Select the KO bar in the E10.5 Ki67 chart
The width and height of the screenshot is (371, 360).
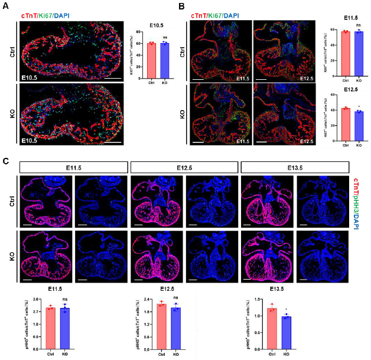(x=165, y=60)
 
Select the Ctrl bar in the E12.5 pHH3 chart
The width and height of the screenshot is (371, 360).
(x=162, y=326)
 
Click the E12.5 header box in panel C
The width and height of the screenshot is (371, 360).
(x=183, y=168)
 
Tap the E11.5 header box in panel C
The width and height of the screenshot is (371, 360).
(x=73, y=168)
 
